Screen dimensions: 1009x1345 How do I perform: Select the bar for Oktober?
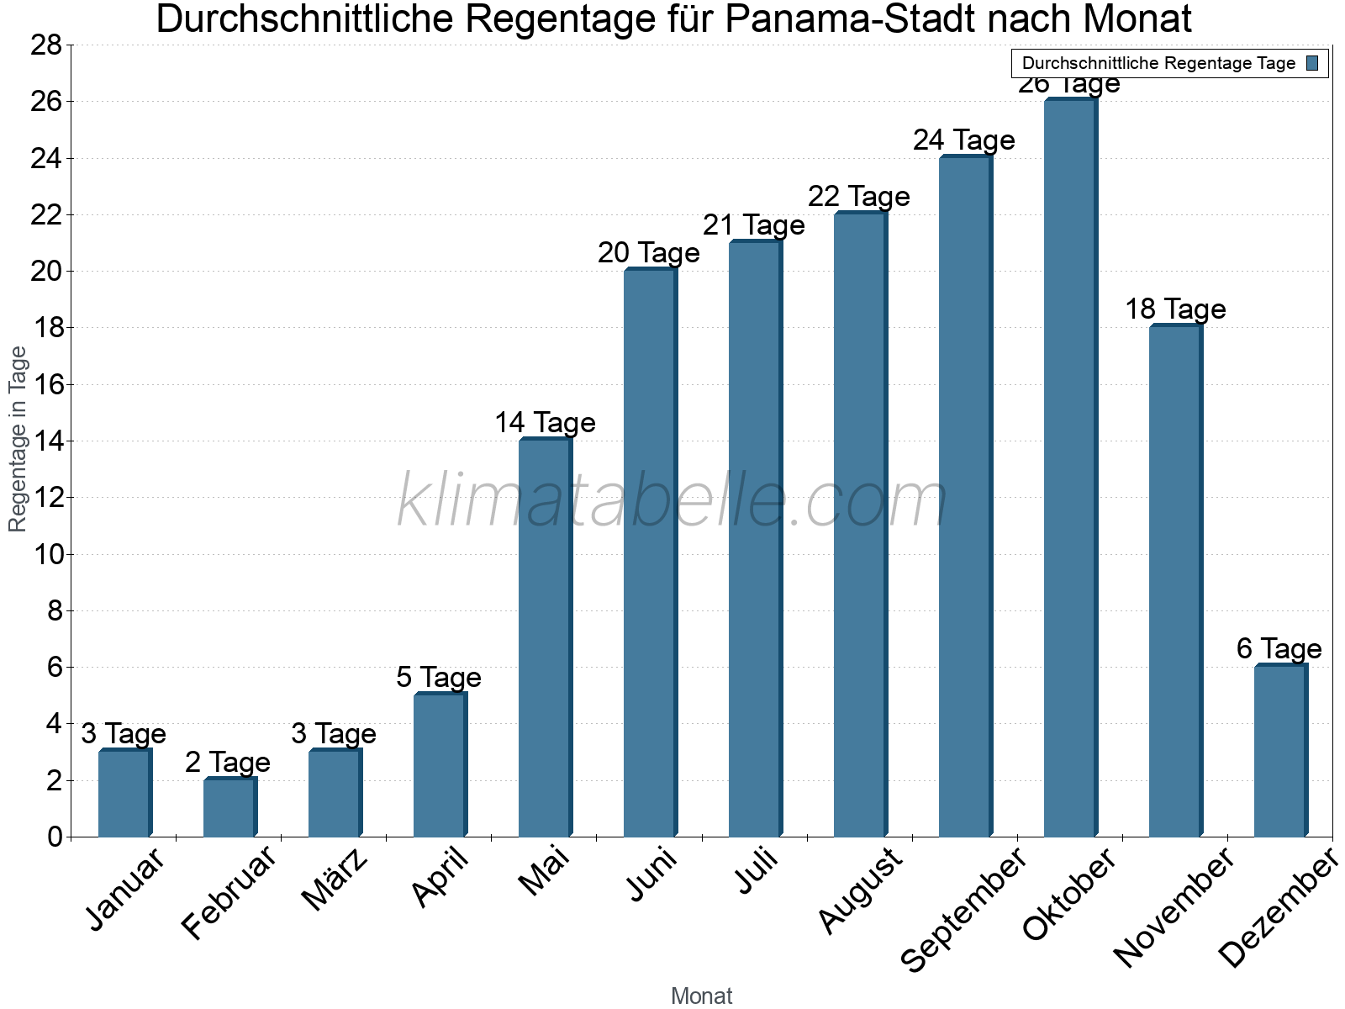coord(1069,468)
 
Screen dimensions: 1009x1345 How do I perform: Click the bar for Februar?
coord(229,808)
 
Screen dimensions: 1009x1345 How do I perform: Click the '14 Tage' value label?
coord(545,422)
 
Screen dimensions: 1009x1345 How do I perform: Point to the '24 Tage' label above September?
coord(964,140)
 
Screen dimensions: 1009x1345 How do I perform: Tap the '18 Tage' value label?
coord(1175,309)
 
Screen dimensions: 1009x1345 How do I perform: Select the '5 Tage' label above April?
coord(439,677)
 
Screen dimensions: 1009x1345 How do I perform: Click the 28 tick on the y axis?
coord(46,45)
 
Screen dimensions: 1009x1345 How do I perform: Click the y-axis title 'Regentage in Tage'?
coord(18,439)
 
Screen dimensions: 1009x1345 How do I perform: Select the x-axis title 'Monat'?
coord(701,996)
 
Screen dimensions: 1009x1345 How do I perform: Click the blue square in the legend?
coord(1312,63)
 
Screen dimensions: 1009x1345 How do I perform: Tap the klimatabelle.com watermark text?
coord(672,501)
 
